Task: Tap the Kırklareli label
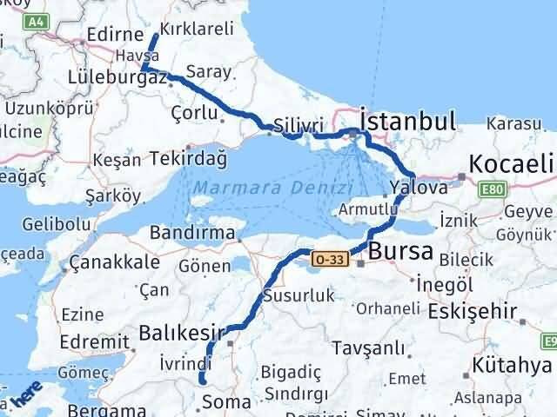[x=202, y=29]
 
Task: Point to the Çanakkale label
[x=114, y=261]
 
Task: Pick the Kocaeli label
[x=512, y=162]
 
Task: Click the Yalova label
[x=419, y=187]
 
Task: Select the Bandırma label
[x=192, y=233]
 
